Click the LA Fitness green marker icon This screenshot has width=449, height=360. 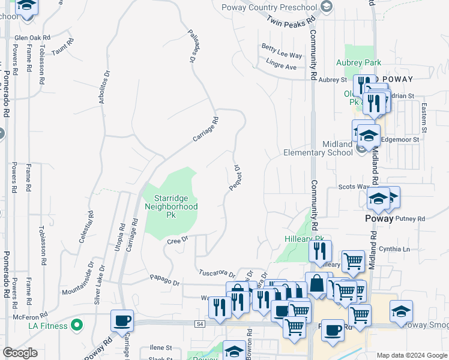coord(76,326)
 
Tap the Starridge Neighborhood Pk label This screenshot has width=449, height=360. coord(171,206)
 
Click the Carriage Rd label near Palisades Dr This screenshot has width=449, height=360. coord(206,129)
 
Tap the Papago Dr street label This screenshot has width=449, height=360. coord(164,280)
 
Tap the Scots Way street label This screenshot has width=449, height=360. coord(353,187)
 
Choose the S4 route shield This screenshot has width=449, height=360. coord(200,323)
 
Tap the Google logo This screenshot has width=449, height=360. coord(20,353)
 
